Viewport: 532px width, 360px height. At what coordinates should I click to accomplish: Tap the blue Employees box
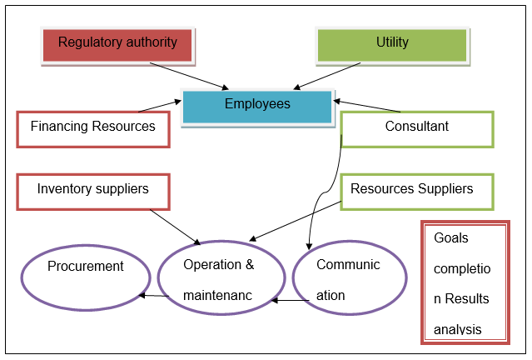pos(257,106)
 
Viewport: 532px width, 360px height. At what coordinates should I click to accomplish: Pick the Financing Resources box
pos(93,128)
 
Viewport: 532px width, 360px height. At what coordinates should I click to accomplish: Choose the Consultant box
pos(416,128)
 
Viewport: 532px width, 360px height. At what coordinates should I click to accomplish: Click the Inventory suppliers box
pos(93,191)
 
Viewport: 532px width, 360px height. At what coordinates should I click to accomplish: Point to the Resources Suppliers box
pos(416,191)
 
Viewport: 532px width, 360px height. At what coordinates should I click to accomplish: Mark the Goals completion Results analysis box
pos(465,282)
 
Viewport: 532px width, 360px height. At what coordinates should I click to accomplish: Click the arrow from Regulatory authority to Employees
pos(187,75)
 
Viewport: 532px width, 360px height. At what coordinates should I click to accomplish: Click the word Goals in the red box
pos(451,238)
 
